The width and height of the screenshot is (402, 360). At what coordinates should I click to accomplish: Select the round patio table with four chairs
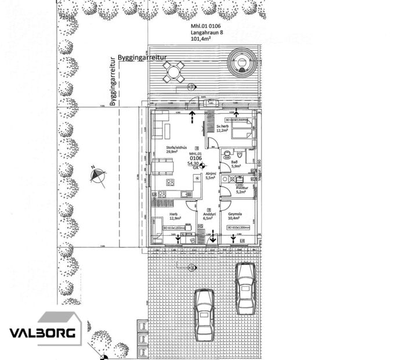tap(173, 73)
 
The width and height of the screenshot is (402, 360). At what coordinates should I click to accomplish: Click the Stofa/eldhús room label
tap(176, 148)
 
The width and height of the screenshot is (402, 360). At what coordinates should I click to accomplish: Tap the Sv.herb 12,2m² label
tap(224, 128)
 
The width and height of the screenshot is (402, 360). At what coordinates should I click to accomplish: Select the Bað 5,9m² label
tap(236, 164)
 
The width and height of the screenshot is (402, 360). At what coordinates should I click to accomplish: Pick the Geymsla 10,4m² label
tap(237, 216)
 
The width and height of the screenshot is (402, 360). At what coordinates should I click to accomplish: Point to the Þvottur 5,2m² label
tap(242, 190)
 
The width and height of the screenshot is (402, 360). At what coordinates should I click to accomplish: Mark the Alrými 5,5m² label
tap(211, 176)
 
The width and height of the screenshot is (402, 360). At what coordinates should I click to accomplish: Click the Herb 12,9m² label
tap(173, 216)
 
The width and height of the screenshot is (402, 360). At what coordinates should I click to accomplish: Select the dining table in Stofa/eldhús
tap(165, 167)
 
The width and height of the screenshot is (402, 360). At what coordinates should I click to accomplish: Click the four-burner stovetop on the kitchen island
tap(171, 182)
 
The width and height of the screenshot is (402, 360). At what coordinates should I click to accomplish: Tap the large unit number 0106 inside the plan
tap(195, 157)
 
